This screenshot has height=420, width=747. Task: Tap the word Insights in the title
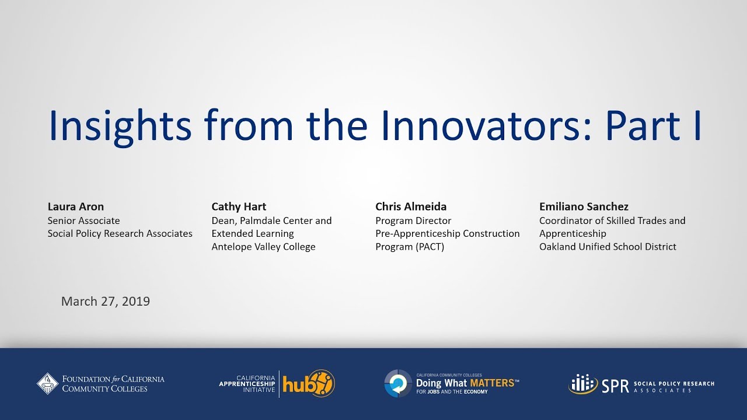click(120, 127)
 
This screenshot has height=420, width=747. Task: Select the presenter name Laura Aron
click(76, 206)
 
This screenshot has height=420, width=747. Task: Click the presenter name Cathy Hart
click(239, 207)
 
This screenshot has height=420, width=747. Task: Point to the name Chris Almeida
click(411, 206)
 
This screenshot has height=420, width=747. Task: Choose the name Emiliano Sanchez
click(584, 206)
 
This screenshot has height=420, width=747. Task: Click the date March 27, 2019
click(106, 302)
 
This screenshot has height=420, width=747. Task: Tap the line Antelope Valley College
click(263, 247)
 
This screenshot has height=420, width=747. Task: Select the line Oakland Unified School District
click(608, 247)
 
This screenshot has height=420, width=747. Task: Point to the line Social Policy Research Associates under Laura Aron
click(120, 234)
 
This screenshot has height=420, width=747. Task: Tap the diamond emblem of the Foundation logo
click(47, 384)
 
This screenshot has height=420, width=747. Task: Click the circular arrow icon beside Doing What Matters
click(398, 383)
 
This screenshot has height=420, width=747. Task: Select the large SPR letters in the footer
click(615, 386)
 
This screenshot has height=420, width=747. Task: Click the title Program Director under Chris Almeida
click(413, 220)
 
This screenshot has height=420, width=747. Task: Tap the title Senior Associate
click(83, 220)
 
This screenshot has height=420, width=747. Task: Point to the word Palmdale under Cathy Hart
click(260, 220)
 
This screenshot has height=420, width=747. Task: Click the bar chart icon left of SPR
click(583, 384)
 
